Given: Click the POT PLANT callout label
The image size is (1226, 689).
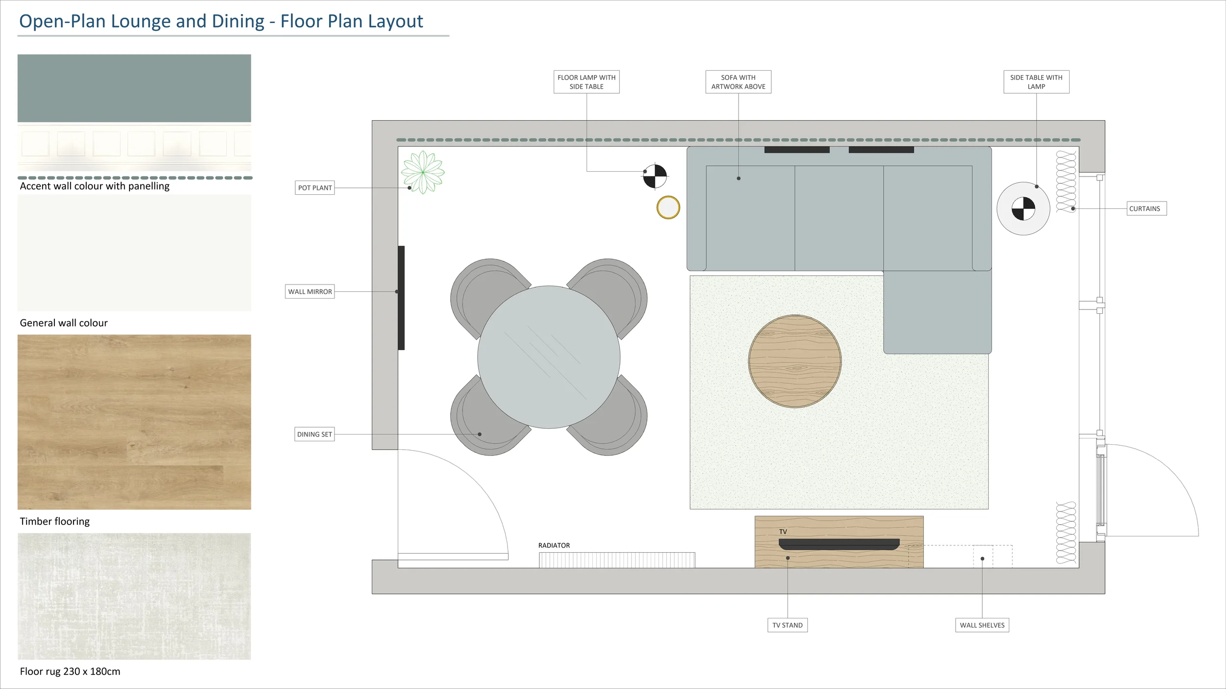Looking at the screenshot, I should point(314,188).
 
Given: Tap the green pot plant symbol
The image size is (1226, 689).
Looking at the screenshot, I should point(423,172).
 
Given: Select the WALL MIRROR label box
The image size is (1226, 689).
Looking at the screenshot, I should point(309,292).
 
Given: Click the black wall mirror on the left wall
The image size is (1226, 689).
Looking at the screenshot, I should point(401,298).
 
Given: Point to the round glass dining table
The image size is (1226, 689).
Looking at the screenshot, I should point(549,357).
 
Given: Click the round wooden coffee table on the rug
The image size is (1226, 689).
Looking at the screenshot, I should point(794,361).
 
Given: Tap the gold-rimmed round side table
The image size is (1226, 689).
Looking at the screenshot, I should point(668,207).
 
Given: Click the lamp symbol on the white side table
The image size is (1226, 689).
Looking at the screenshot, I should point(1023,209).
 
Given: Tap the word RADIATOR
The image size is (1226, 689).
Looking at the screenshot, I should point(554,545).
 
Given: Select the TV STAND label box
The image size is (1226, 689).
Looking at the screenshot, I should point(787,625).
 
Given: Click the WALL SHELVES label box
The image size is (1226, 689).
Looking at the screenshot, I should point(982,625).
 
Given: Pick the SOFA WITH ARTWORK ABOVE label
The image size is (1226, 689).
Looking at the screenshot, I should point(738,82).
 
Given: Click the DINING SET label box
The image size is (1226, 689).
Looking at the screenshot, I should point(314,434).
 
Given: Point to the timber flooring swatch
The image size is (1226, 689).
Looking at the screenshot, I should point(134,422).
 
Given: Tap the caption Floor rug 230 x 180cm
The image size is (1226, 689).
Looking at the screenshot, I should point(70,671).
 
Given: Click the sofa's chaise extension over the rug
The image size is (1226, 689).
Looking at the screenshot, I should point(937,312).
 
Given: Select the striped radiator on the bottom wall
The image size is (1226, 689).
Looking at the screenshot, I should point(616,560).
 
